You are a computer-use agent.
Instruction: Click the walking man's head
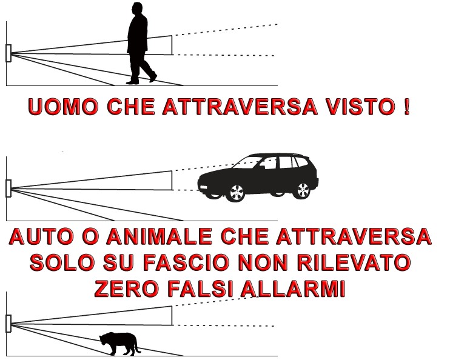click(136, 8)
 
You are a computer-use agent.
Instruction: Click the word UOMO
click(64, 107)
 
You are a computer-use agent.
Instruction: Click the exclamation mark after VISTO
click(406, 107)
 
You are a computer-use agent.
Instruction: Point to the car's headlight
click(203, 187)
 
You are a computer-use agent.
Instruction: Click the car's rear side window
click(301, 162)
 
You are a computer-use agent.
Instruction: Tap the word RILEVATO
click(354, 262)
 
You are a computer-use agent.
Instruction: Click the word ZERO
click(126, 288)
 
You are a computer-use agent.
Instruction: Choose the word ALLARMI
click(293, 288)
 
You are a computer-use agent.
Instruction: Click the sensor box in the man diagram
click(8, 53)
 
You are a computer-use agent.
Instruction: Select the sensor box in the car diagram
click(8, 188)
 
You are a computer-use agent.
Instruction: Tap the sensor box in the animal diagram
click(8, 324)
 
